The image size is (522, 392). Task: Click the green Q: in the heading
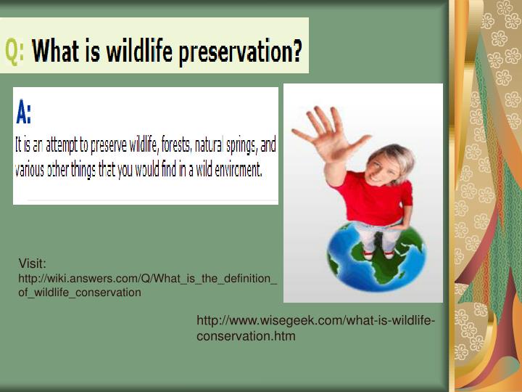click(14, 51)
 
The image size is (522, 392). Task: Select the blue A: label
click(24, 113)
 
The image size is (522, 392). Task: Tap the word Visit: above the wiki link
click(32, 264)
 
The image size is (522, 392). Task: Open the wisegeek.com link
click(315, 328)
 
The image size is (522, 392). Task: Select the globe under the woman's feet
click(376, 258)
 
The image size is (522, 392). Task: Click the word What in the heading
click(57, 51)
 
